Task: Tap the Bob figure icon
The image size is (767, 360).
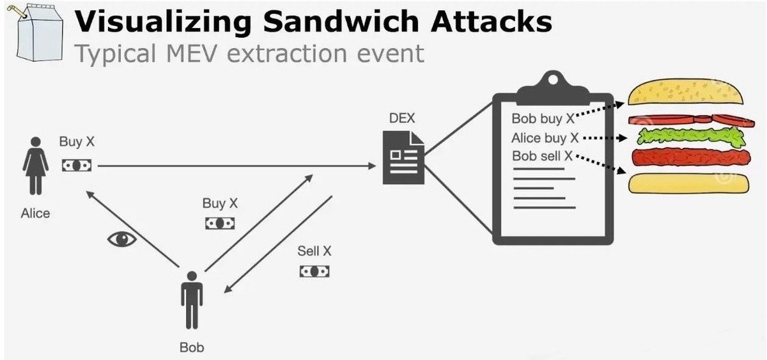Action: point(191,301)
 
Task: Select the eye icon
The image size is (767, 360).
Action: point(122,239)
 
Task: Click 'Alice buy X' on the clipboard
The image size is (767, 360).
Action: point(545,137)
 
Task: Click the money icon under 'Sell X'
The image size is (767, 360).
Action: point(314,271)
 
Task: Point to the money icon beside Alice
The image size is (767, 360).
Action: point(76,165)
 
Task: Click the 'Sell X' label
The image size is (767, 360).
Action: point(314,251)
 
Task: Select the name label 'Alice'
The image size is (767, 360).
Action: point(35,214)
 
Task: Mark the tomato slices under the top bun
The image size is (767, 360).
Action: point(687,120)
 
